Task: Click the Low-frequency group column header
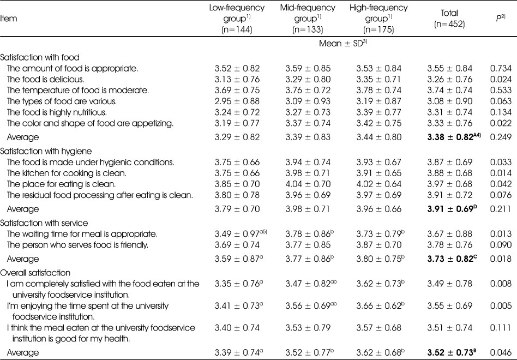pos(237,19)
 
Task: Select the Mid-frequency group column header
pos(308,19)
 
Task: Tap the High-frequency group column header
pos(378,19)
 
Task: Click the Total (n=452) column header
pos(449,19)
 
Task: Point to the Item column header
pos(9,19)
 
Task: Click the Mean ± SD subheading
pos(343,44)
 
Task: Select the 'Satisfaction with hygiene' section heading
pos(46,151)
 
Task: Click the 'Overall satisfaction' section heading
pos(35,273)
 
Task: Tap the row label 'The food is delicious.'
pos(45,80)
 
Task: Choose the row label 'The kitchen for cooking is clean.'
pos(67,173)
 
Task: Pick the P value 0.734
pos(501,69)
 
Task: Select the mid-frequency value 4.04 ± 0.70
pos(308,184)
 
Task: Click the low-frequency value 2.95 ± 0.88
pos(237,101)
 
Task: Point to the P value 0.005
pos(501,306)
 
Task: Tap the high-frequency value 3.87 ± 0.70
pos(378,245)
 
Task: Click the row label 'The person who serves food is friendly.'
pos(77,245)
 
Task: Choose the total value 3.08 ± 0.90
pos(449,101)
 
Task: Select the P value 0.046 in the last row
pos(501,353)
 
